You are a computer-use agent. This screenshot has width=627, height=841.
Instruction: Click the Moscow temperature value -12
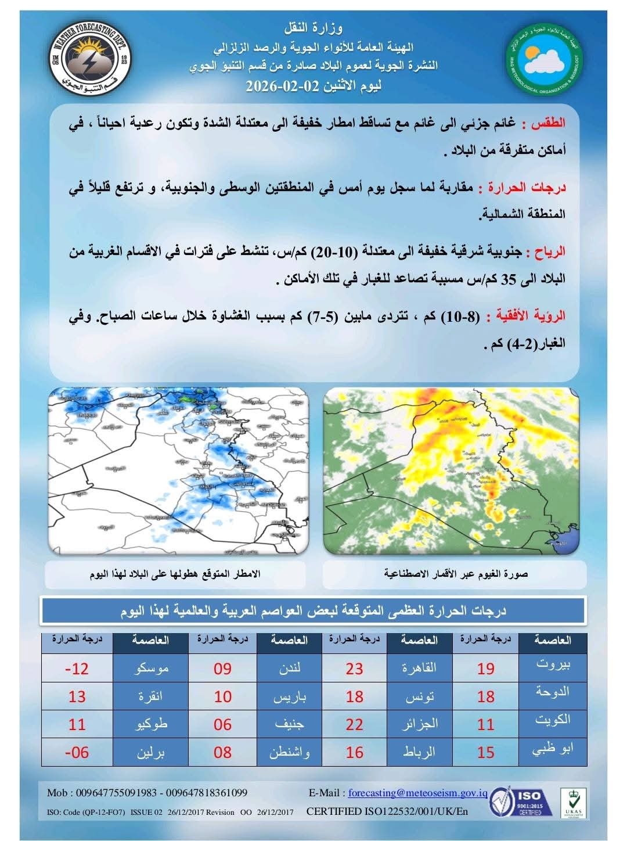(77, 669)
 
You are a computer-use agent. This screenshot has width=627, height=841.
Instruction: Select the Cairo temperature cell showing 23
(354, 669)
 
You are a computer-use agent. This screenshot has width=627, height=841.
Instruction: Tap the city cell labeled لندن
(289, 669)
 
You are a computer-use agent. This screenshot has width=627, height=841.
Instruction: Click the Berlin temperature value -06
(77, 753)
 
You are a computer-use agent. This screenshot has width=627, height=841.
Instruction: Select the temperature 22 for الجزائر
(354, 725)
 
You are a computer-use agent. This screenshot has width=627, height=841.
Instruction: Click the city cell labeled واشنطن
(289, 753)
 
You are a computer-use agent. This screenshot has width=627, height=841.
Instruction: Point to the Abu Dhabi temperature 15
(486, 753)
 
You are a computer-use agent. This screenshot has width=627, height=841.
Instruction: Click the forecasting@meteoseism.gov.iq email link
(418, 793)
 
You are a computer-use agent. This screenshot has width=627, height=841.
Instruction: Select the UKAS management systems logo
(572, 803)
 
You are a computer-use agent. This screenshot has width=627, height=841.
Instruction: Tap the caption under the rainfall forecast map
(175, 574)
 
